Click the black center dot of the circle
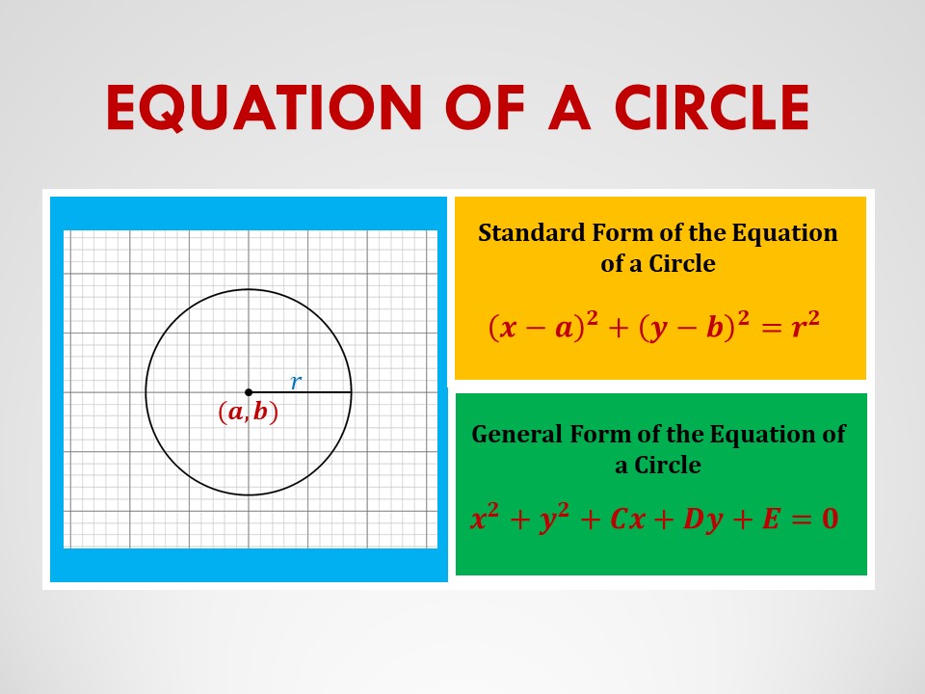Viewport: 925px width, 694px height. point(249,392)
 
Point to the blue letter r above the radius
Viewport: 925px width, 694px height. point(296,382)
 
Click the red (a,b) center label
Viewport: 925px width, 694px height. point(248,413)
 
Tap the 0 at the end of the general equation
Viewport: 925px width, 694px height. point(828,520)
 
